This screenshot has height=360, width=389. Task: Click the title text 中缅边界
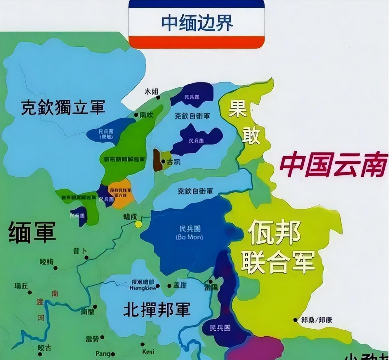click(x=197, y=23)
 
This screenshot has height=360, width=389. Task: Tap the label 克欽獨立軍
click(x=63, y=107)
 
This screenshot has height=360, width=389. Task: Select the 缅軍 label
click(x=32, y=232)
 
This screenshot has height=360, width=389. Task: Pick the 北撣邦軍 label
click(x=157, y=309)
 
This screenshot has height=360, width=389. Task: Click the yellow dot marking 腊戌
click(x=138, y=224)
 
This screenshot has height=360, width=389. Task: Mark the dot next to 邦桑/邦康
click(x=296, y=320)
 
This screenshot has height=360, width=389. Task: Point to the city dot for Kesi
click(x=143, y=345)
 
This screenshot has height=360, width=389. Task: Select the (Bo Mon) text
click(x=189, y=237)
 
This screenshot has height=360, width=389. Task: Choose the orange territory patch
click(x=121, y=193)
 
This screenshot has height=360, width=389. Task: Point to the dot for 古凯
click(x=163, y=161)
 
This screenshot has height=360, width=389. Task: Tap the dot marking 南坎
click(x=136, y=115)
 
